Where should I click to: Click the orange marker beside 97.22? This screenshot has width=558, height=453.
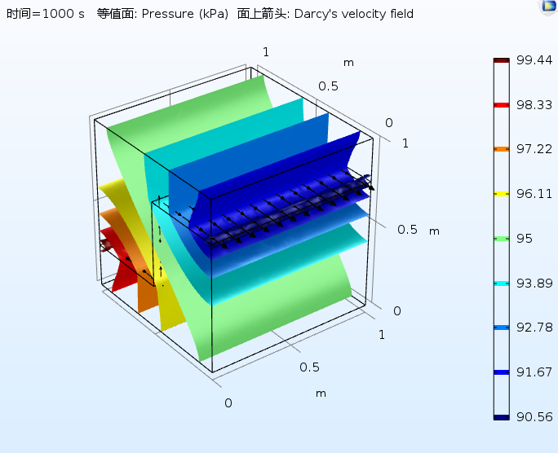(x=501, y=149)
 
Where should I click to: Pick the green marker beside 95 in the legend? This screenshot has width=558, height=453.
(x=501, y=239)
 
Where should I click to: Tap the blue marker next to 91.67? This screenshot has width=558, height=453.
(x=501, y=372)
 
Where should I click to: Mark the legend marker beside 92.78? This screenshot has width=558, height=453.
(x=501, y=328)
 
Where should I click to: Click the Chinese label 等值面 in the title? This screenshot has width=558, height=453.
(x=114, y=14)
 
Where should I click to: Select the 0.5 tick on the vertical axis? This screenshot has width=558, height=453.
(x=408, y=230)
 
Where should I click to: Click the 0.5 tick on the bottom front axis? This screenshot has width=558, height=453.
(x=309, y=367)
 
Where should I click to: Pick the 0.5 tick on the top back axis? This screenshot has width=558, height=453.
(x=329, y=86)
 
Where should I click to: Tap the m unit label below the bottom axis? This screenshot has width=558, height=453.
(x=321, y=393)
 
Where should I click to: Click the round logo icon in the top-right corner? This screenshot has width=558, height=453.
(x=547, y=7)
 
